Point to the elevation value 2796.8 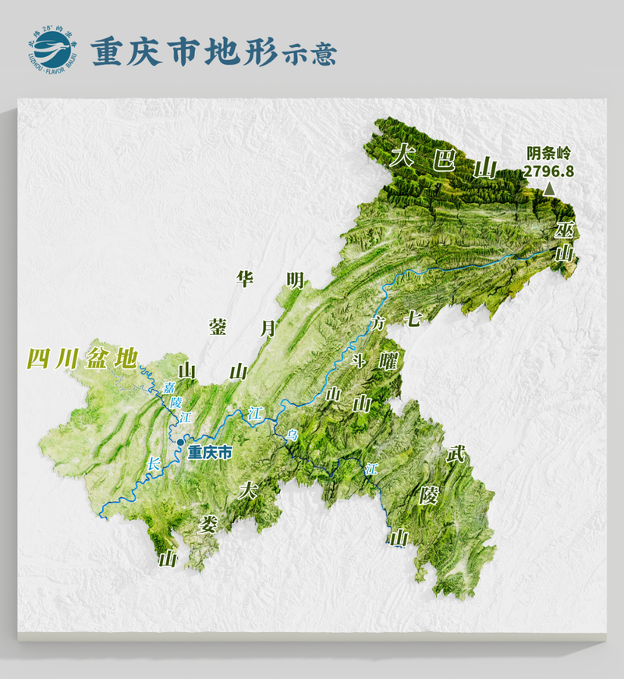(x=550, y=169)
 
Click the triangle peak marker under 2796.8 (x=550, y=188)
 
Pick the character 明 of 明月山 (x=295, y=281)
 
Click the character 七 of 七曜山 (x=413, y=318)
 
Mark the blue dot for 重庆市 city (x=181, y=443)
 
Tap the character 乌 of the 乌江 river (x=290, y=434)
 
